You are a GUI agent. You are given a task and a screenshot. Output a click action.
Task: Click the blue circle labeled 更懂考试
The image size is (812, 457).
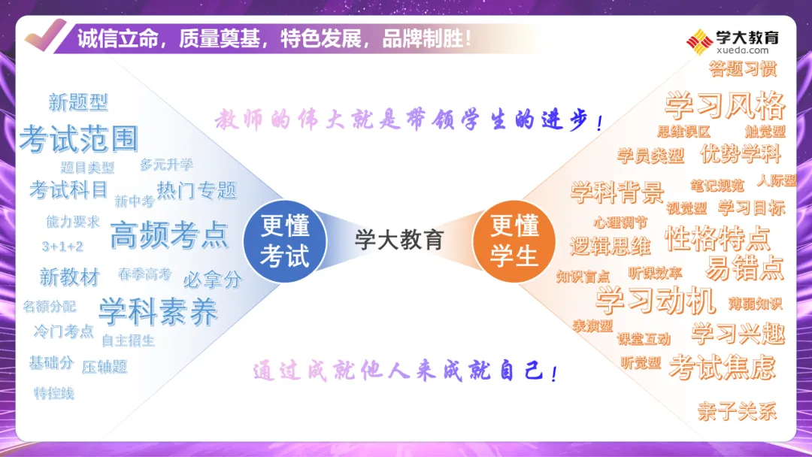[285, 241]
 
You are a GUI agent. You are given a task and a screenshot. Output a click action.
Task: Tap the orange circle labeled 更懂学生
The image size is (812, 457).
[514, 241]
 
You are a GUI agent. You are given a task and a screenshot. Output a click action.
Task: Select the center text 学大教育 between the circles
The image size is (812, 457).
[399, 240]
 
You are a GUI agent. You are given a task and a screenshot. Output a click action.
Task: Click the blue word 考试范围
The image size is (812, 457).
[79, 139]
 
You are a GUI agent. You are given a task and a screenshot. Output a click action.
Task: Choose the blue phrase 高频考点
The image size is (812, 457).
[168, 235]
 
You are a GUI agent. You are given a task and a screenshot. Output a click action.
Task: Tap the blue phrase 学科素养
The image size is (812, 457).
[158, 312]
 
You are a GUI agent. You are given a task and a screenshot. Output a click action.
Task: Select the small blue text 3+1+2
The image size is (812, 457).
[62, 247]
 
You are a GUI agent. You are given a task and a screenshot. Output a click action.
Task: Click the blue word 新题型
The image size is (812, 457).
[78, 101]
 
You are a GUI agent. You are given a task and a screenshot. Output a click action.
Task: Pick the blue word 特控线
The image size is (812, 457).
[54, 393]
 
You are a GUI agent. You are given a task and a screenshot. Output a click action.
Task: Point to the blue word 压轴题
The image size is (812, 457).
[105, 367]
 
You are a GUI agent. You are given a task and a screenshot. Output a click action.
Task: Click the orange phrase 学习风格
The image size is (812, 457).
[725, 105]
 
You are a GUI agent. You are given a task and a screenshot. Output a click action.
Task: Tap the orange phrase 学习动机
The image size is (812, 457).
[655, 301]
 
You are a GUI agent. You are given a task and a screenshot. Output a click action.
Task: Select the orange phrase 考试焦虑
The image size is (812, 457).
[722, 367]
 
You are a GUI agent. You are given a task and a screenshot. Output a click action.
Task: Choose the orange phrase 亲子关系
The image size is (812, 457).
[736, 412]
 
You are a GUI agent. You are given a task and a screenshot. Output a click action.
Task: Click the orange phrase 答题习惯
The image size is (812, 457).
[743, 69]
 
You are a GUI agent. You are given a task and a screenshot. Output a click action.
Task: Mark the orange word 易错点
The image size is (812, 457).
[744, 268]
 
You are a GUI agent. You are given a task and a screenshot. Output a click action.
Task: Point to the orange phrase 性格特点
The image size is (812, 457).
[717, 238]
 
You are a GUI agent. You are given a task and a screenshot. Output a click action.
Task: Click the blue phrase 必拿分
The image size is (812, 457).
[213, 280]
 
